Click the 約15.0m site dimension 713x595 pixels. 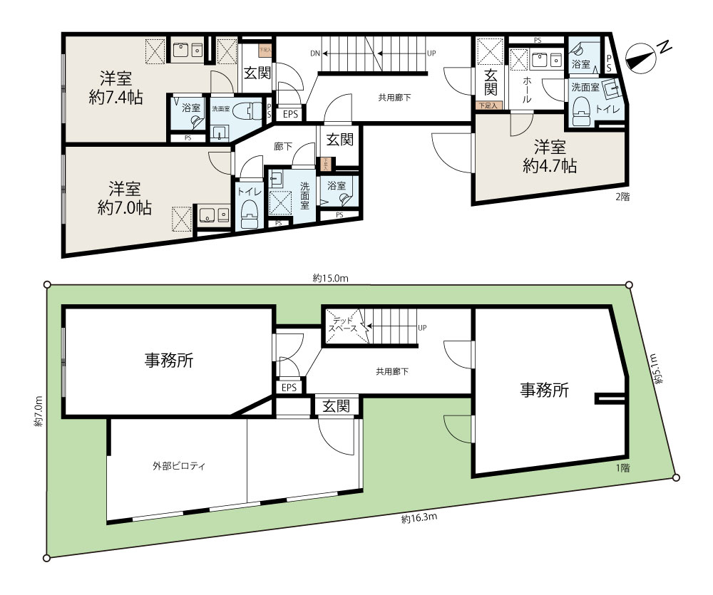[330, 279]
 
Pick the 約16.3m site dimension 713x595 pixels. [419, 519]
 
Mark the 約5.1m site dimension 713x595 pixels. [658, 370]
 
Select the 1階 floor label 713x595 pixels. [622, 467]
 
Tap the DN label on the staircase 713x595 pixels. [315, 53]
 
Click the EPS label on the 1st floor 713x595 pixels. [289, 388]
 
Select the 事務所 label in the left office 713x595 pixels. [168, 361]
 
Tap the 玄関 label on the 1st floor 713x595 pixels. [336, 406]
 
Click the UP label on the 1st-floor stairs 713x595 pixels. [422, 328]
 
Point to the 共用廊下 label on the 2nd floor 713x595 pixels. [394, 98]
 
